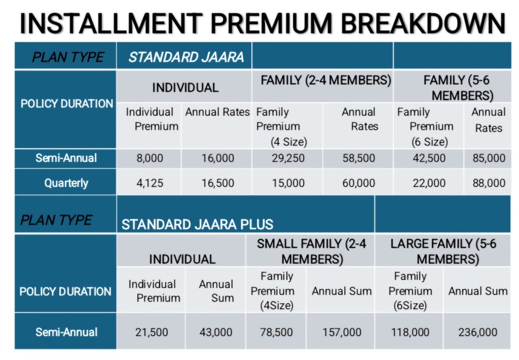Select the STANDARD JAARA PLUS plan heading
[197, 225]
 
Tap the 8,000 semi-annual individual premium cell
[150, 158]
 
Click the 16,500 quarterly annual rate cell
[218, 183]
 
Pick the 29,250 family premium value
[288, 158]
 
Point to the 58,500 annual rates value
[359, 158]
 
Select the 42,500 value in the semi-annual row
[429, 158]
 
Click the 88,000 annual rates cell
[489, 183]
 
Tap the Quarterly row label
[66, 183]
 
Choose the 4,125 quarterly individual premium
[150, 183]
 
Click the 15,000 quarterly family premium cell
[288, 183]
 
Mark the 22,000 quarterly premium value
[429, 183]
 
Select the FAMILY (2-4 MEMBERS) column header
[326, 81]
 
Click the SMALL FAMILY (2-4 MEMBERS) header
[312, 251]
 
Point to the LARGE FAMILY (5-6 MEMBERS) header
[443, 251]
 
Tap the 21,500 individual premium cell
[152, 332]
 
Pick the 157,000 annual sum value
[342, 332]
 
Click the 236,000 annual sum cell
[477, 332]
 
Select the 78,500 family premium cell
[276, 332]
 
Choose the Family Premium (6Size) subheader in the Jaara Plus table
[410, 291]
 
